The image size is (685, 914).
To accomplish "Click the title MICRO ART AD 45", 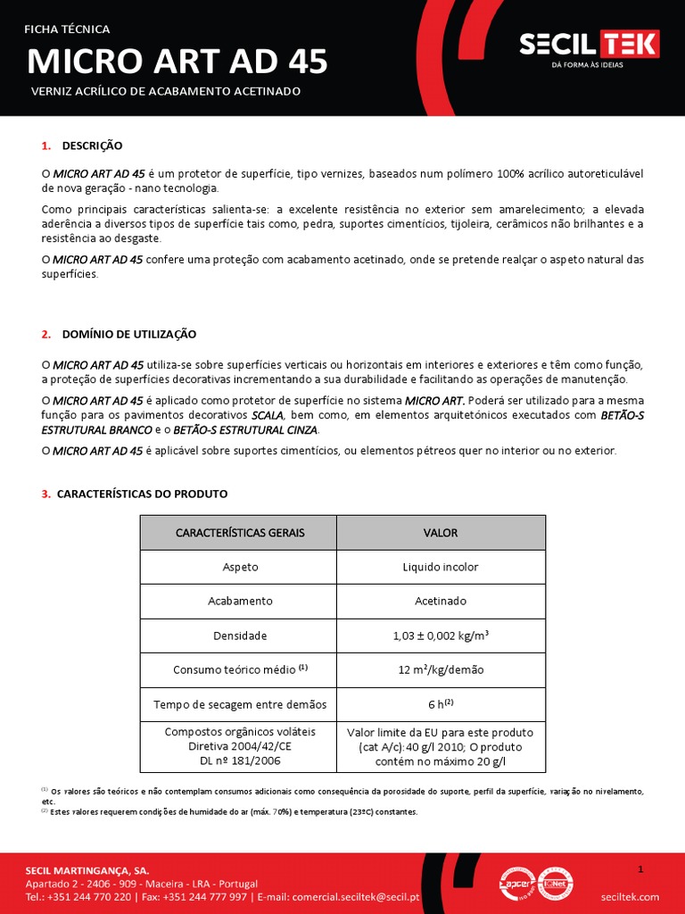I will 177,62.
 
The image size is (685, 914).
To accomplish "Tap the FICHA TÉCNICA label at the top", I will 67,29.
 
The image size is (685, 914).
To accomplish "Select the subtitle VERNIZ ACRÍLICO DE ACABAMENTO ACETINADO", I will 166,91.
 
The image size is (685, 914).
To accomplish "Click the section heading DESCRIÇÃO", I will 92,145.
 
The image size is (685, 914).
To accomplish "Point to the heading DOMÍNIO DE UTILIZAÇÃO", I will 129,334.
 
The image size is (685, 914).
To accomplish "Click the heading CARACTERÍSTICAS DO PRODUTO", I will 142,494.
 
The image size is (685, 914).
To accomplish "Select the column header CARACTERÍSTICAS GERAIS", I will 239,532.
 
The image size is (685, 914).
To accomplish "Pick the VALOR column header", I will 441,532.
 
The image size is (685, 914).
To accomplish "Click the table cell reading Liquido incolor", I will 441,567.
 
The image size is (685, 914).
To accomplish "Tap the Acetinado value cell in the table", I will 441,602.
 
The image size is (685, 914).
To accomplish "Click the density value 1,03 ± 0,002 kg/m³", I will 441,636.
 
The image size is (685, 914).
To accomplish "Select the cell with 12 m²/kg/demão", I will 441,669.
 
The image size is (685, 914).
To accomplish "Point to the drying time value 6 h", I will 441,704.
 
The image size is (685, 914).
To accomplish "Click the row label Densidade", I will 239,636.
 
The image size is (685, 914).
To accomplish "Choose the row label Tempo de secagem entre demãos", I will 239,704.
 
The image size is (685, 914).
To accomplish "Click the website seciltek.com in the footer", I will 630,896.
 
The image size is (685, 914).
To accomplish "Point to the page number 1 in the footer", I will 640,868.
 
